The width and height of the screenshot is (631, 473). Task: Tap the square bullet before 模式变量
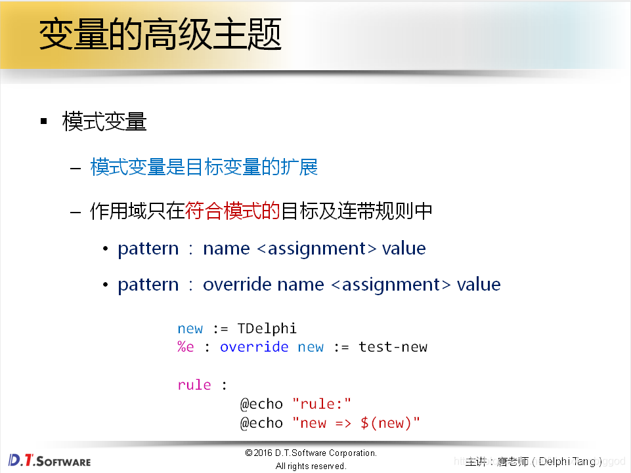[44, 121]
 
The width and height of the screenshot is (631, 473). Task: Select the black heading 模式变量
[104, 121]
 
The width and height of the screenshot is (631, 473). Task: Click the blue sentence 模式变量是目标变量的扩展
[204, 167]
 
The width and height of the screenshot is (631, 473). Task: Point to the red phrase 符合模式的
[232, 211]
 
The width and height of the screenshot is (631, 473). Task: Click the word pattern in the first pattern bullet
[148, 249]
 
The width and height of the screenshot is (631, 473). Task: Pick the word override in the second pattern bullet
[237, 285]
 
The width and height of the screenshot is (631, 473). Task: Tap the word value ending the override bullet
[479, 285]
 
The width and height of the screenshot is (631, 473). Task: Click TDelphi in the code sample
[267, 328]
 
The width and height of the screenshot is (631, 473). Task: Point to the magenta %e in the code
[185, 347]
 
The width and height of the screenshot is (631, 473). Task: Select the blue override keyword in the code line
[254, 347]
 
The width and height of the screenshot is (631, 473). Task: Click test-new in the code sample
[393, 347]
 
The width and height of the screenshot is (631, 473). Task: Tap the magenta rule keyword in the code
[194, 384]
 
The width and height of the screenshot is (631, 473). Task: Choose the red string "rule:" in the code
[322, 404]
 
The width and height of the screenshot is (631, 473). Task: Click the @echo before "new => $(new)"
[261, 423]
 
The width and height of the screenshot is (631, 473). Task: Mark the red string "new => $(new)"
[357, 423]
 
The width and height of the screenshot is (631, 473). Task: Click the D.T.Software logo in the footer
[49, 460]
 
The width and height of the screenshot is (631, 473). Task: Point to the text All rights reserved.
[311, 466]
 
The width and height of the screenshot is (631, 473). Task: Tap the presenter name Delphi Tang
[567, 462]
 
